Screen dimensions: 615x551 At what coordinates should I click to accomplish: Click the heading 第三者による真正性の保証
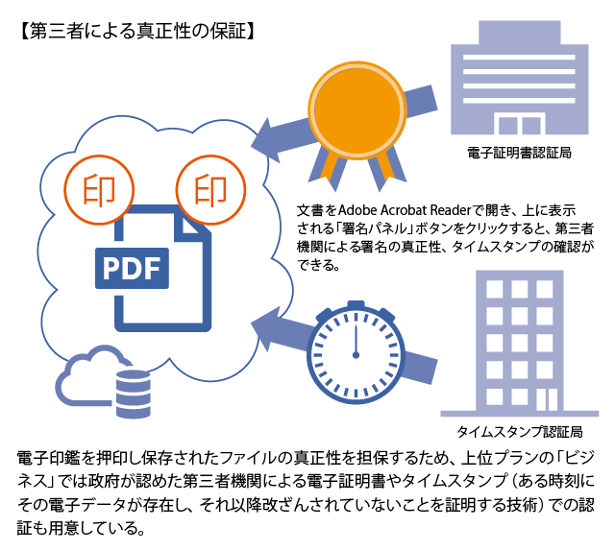137,32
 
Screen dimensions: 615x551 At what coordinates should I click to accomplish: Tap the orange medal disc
357,110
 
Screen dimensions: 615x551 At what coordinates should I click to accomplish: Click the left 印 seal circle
99,190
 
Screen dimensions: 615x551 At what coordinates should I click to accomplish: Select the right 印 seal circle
210,190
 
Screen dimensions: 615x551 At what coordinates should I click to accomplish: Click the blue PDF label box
133,269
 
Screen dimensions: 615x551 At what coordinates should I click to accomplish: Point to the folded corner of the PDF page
193,225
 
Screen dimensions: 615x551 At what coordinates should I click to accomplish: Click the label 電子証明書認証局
519,153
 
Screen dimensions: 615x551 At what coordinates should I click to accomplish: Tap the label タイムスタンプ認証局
520,432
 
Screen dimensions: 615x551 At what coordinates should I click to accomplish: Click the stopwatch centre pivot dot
356,355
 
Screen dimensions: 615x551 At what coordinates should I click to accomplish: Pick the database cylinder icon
134,393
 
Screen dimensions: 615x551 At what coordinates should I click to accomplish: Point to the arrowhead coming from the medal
266,140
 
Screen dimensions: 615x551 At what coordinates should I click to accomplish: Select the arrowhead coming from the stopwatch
266,328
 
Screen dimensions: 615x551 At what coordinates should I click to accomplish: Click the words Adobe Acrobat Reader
404,210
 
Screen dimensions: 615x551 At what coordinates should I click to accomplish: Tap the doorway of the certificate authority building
520,124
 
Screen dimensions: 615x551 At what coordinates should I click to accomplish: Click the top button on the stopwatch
356,304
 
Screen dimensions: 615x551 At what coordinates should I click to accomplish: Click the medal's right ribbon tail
386,170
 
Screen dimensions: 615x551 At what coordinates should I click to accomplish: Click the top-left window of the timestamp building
494,289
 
